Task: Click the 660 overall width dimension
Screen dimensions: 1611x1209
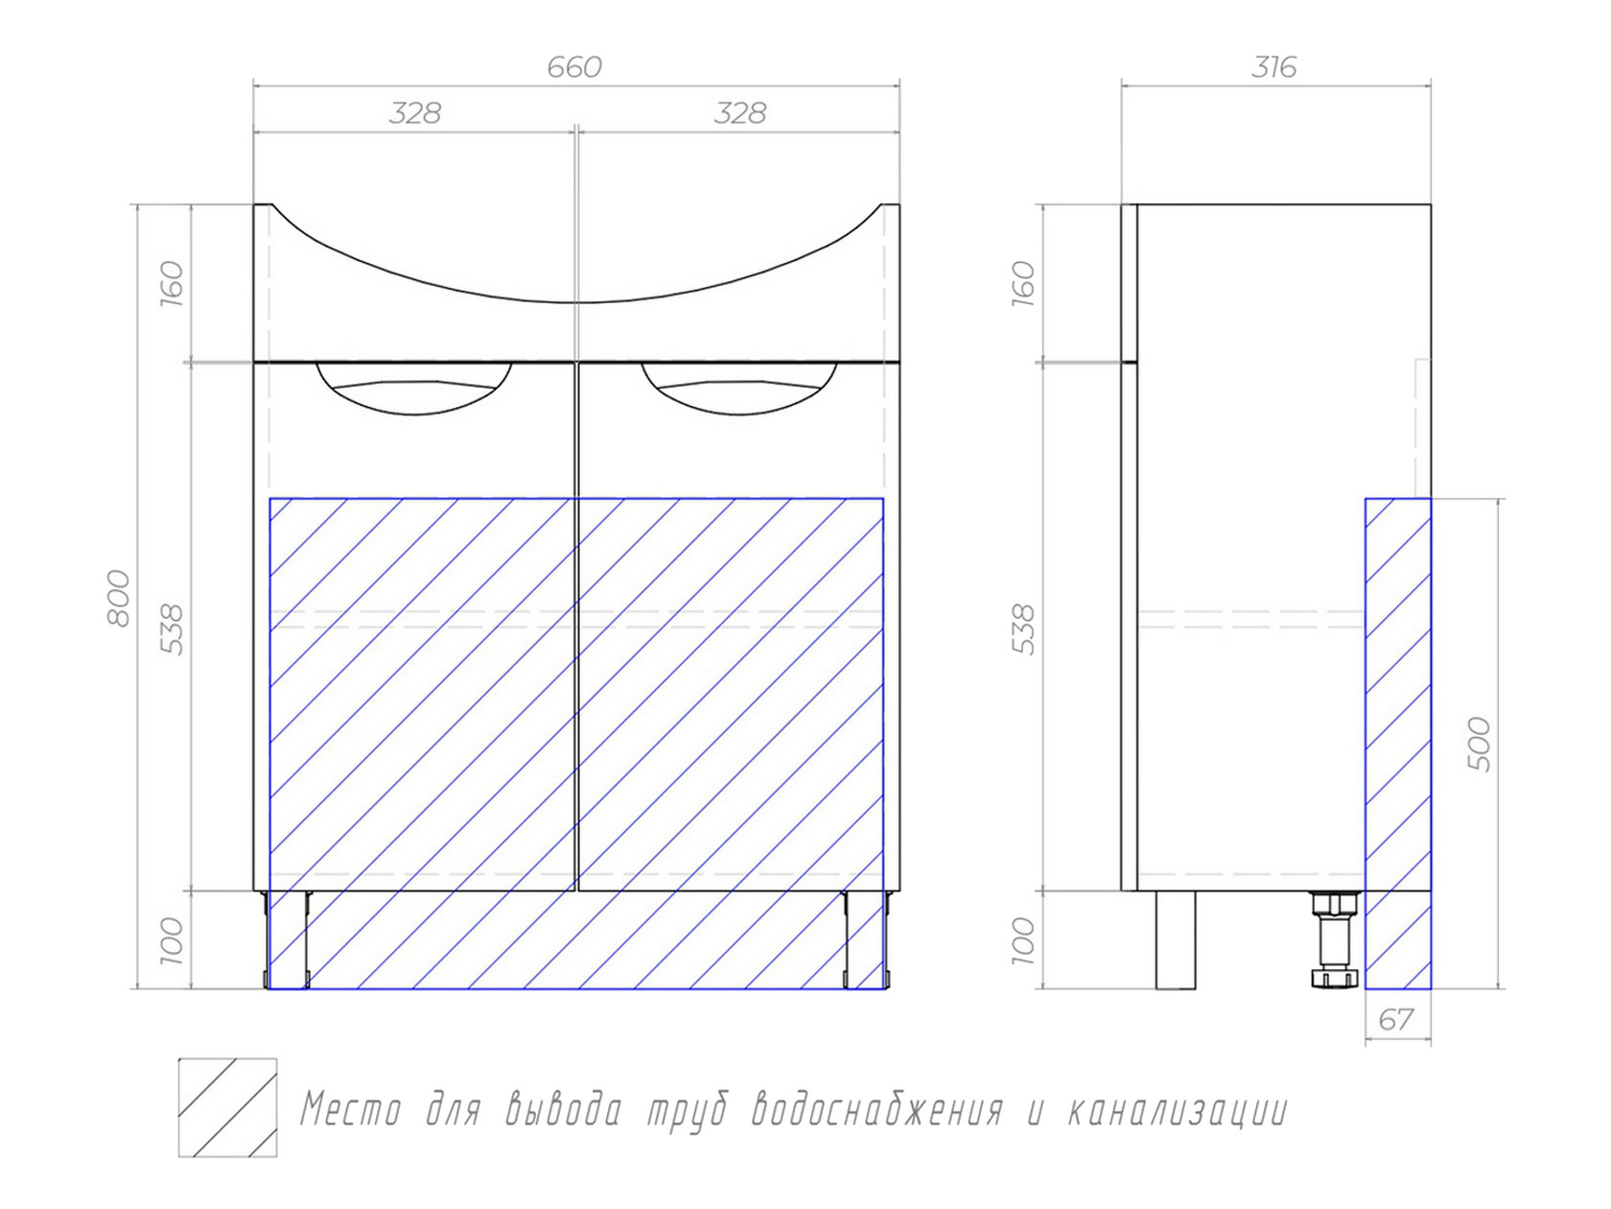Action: click(x=574, y=67)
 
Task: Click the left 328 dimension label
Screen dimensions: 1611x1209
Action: click(x=414, y=114)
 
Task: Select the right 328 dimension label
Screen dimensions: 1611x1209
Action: click(x=739, y=114)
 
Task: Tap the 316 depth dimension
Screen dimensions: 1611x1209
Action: click(x=1274, y=67)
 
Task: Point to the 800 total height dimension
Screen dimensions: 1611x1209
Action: click(x=119, y=598)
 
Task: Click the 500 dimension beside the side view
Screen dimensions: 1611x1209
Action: click(x=1480, y=745)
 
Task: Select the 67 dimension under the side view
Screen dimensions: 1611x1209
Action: click(x=1395, y=1020)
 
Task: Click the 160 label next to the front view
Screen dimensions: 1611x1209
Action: click(x=172, y=283)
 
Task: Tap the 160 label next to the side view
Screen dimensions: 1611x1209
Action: click(x=1023, y=283)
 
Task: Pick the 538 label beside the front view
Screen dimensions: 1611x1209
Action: click(x=172, y=629)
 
